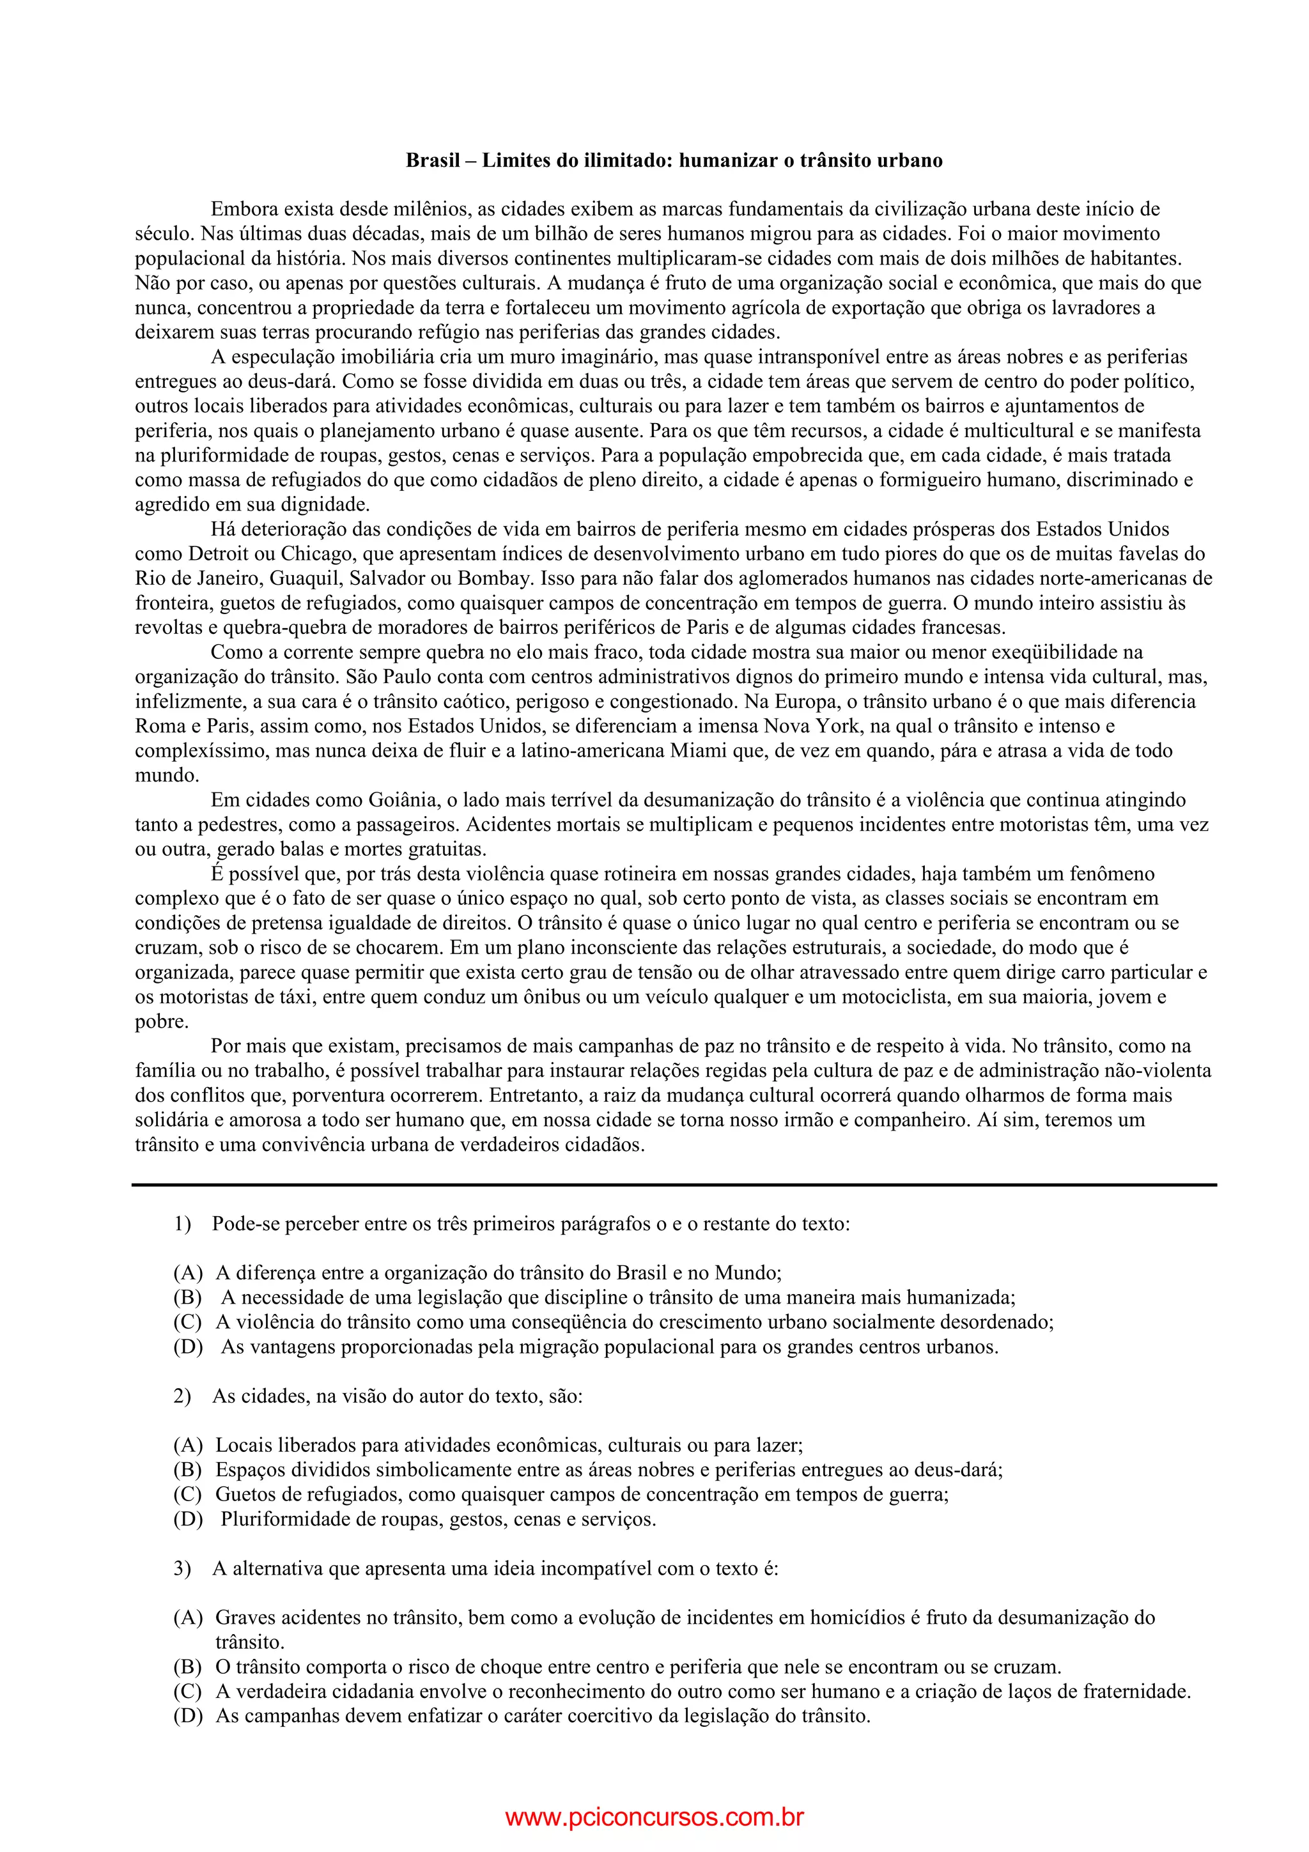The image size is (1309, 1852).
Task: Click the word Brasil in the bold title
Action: tap(432, 160)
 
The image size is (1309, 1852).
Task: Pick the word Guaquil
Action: tap(303, 578)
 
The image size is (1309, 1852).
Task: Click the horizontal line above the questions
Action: tap(674, 1185)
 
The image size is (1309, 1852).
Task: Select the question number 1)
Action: tap(182, 1224)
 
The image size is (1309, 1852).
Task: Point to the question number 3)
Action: tap(182, 1569)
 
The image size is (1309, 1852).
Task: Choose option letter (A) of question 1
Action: tap(188, 1274)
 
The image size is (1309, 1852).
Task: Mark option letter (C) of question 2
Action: tap(188, 1495)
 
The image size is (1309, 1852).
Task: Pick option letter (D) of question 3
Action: tap(188, 1716)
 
